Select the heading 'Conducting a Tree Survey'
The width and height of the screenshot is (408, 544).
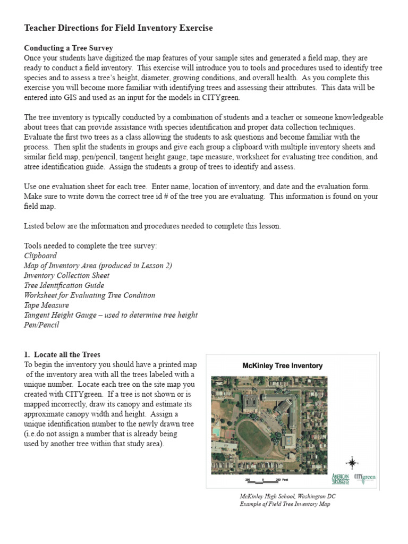pos(69,48)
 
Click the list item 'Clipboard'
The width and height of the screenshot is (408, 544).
pos(40,256)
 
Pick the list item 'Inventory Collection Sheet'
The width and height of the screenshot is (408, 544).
pos(66,275)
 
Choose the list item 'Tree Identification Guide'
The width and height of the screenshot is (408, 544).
pos(64,285)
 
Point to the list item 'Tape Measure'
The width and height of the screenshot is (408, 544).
pos(46,305)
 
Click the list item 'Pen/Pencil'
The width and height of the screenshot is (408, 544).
pos(41,325)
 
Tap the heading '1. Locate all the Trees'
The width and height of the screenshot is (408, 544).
pos(62,354)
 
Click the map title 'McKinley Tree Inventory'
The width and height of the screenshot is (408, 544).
pos(282,366)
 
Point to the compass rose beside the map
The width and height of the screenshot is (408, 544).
pos(352,462)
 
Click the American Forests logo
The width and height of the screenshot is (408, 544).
pos(341,478)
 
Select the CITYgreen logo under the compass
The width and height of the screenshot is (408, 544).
pos(365,477)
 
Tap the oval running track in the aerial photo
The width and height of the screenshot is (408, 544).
pos(254,434)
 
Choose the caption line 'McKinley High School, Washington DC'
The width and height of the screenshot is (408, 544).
pos(287,496)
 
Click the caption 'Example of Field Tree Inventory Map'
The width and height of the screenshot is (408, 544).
pos(284,504)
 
